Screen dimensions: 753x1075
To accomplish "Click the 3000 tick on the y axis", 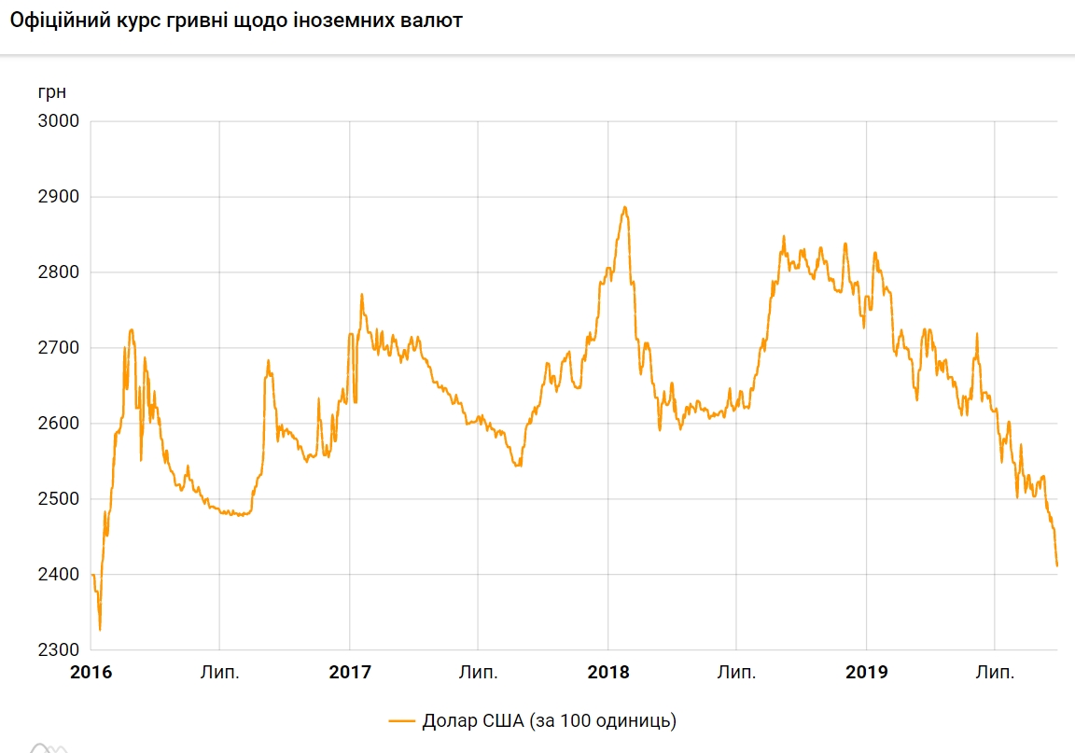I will tap(58, 121).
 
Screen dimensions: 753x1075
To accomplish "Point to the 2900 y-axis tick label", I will tap(58, 197).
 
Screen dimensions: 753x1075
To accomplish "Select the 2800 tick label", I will tap(58, 272).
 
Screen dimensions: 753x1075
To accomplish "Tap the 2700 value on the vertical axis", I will tap(58, 348).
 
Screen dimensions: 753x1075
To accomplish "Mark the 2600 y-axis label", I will tap(58, 424).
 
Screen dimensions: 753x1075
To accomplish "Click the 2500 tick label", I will tap(58, 499).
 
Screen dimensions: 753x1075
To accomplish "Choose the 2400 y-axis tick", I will tap(58, 575).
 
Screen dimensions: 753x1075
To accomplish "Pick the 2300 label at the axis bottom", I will tap(58, 650).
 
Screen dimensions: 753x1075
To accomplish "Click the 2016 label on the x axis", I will tap(91, 672).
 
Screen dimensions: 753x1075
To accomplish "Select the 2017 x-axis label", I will tap(350, 672).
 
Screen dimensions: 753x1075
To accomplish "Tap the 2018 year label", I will tap(608, 672).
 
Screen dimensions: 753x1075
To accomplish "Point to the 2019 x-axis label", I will tap(867, 672).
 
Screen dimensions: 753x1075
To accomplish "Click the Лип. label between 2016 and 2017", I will tap(220, 672).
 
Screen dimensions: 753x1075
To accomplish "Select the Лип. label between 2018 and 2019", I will tap(737, 672).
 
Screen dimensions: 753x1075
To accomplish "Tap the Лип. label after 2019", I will tap(995, 672).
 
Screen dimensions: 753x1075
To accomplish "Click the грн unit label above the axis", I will tap(52, 92).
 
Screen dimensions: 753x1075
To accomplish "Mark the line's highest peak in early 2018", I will tap(624, 207).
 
